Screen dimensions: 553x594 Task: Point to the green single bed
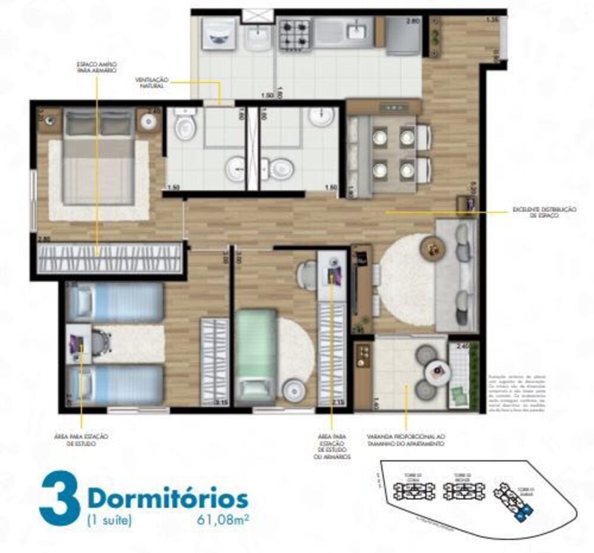click(x=255, y=356)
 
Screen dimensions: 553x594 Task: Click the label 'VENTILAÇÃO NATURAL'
click(x=153, y=83)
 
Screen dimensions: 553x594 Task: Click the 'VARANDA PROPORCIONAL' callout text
click(x=406, y=439)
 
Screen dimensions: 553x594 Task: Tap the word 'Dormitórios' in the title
click(x=168, y=496)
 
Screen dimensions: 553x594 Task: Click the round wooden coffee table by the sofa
click(x=431, y=247)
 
